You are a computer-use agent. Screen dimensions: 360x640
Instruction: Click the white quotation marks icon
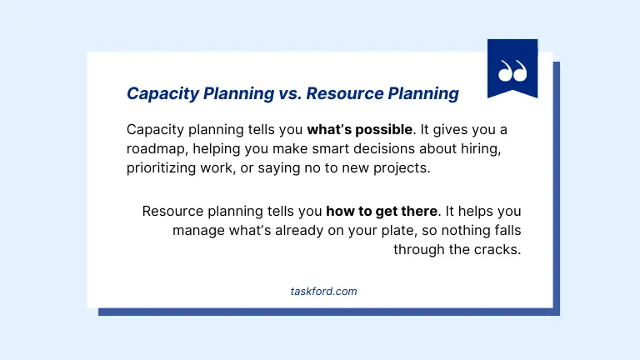tap(512, 71)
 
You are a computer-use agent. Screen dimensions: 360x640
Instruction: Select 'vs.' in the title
tap(287, 93)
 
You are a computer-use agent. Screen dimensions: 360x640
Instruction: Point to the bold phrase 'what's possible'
tap(360, 130)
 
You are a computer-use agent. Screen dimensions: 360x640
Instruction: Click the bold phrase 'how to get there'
tap(382, 212)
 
